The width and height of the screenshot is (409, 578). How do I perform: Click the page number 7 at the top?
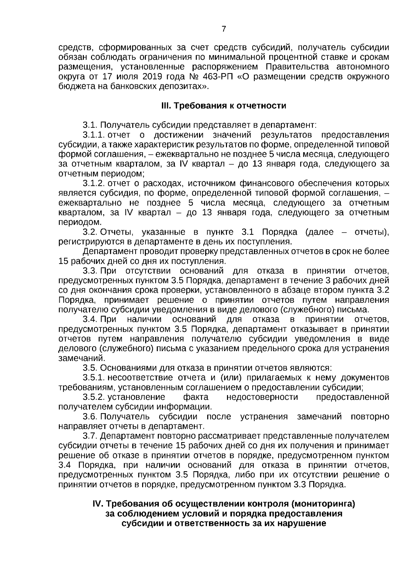[224, 29]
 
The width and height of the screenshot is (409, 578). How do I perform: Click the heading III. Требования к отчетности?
[224, 106]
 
